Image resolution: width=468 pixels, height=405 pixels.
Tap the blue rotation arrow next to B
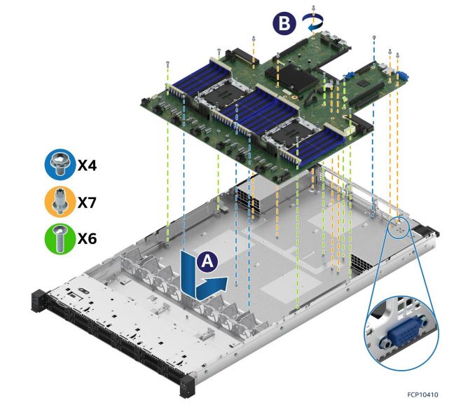312,23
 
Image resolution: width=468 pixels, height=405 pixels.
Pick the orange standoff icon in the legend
58,202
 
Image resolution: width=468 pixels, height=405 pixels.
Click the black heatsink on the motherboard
293,79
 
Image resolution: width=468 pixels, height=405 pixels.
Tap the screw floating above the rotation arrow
312,8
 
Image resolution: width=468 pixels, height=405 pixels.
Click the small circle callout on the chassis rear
398,226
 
